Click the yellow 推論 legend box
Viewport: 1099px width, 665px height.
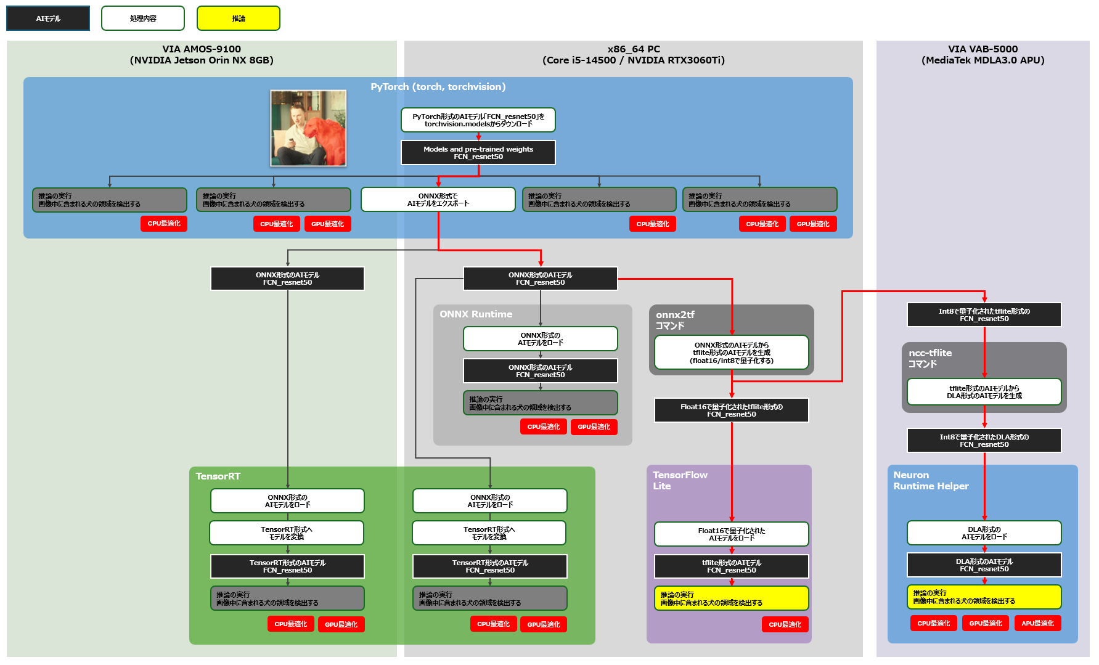(x=238, y=18)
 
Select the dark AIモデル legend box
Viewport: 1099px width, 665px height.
(x=48, y=18)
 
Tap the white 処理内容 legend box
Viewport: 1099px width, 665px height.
(x=143, y=18)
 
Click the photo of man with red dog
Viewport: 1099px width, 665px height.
(x=308, y=128)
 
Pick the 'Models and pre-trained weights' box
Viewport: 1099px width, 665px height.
(x=478, y=153)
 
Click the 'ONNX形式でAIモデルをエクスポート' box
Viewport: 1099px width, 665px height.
(x=438, y=200)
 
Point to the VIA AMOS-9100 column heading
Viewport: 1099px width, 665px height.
(x=202, y=54)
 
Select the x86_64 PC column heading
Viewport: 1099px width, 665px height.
(x=634, y=54)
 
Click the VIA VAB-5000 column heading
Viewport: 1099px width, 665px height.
(x=983, y=54)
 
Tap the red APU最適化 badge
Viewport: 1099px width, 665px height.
(x=1037, y=623)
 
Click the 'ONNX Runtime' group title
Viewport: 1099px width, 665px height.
(x=476, y=314)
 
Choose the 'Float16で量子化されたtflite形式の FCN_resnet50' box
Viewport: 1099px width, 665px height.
(x=732, y=410)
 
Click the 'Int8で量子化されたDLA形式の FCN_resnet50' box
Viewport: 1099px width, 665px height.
(x=984, y=441)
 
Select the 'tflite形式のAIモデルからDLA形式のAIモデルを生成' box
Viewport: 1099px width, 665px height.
(x=984, y=392)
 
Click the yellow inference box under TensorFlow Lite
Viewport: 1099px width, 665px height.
(x=732, y=598)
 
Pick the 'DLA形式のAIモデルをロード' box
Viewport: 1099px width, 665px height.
(x=984, y=533)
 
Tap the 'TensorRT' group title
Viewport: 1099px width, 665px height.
(x=218, y=476)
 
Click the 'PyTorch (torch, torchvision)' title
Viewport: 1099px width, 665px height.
(x=438, y=87)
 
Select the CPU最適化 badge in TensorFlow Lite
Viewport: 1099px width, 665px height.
(x=785, y=624)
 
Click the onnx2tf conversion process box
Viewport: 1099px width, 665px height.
(x=732, y=353)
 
